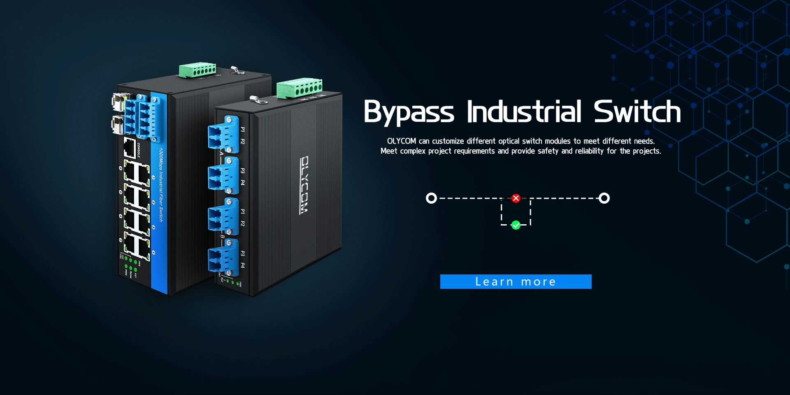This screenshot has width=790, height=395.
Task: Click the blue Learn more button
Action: pyautogui.click(x=516, y=281)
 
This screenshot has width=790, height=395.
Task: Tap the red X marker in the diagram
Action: pyautogui.click(x=516, y=198)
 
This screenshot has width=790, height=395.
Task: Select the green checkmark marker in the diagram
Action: pyautogui.click(x=516, y=225)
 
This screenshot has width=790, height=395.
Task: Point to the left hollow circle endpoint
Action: pyautogui.click(x=431, y=198)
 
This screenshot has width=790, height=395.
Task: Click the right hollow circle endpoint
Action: pyautogui.click(x=604, y=198)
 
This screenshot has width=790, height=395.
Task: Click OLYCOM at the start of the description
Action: pyautogui.click(x=401, y=141)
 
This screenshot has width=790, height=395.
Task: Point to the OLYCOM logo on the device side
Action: pyautogui.click(x=304, y=185)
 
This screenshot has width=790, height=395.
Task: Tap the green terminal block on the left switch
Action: pyautogui.click(x=198, y=70)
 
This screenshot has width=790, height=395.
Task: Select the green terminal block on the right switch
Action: pyautogui.click(x=299, y=88)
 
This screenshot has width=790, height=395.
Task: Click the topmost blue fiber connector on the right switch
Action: pyautogui.click(x=223, y=135)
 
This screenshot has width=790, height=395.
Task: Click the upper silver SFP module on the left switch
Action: pyautogui.click(x=118, y=102)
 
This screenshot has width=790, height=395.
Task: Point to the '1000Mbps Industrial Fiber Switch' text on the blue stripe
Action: pyautogui.click(x=161, y=185)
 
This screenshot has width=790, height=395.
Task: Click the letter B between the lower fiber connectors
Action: pyautogui.click(x=222, y=237)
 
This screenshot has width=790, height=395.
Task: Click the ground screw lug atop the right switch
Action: pyautogui.click(x=258, y=100)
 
